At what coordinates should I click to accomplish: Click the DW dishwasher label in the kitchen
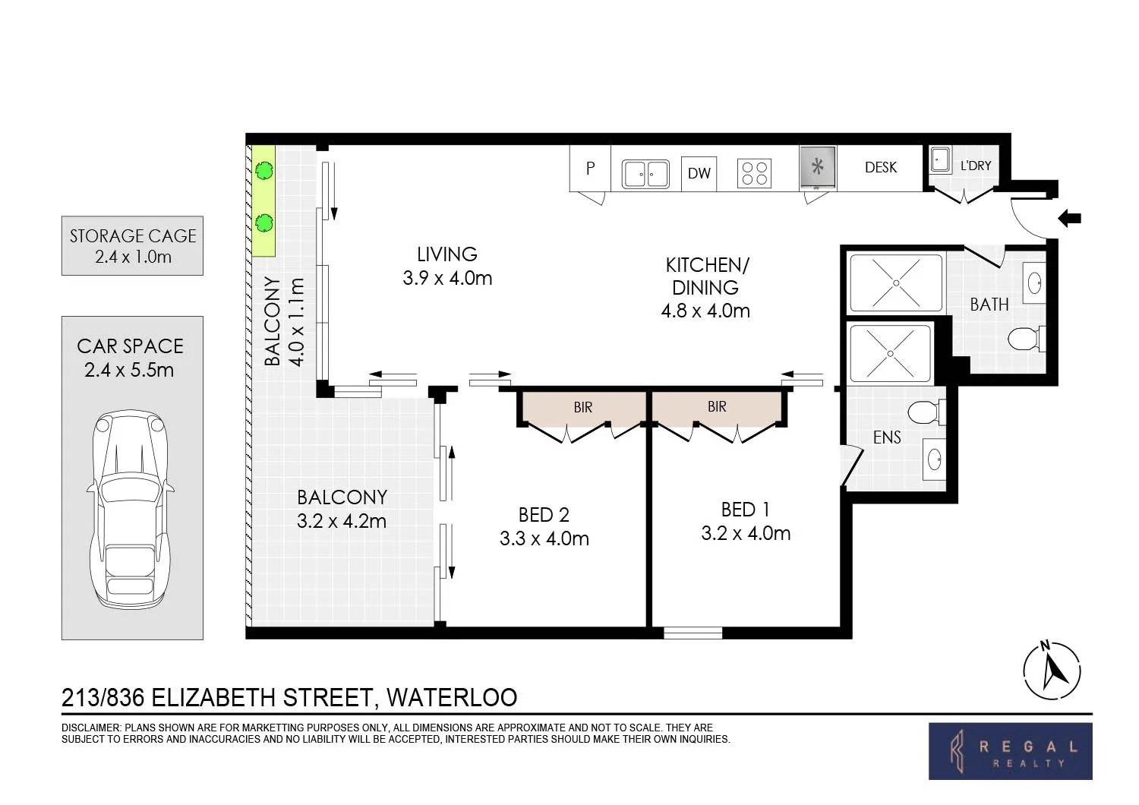tap(699, 173)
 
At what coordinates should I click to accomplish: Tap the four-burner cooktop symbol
tap(755, 173)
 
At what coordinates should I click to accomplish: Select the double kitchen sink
tap(645, 175)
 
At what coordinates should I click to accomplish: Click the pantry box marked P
tap(590, 169)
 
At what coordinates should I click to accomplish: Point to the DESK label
tap(881, 167)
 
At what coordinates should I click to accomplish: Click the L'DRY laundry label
tap(976, 166)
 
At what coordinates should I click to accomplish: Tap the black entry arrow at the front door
tap(1070, 219)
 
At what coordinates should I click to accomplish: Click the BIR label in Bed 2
tap(582, 407)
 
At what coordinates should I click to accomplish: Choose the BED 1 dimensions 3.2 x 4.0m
tap(746, 533)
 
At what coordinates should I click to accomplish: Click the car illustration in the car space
tap(131, 509)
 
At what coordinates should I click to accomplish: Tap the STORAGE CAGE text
tap(133, 236)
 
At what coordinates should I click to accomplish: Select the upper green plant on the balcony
tap(264, 170)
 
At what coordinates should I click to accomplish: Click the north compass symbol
tap(1052, 671)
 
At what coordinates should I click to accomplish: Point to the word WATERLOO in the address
tap(452, 698)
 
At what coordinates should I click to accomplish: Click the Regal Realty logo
tap(1011, 751)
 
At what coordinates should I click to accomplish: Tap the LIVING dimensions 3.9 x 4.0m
tap(447, 278)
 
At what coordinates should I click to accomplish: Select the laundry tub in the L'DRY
tap(940, 160)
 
